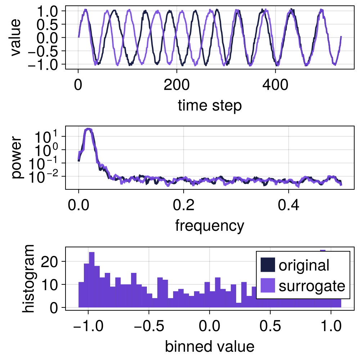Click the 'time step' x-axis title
coord(209,106)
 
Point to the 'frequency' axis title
coord(210,226)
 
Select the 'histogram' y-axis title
coord(28,278)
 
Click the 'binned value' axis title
coord(210,346)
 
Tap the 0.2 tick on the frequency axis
coord(184,206)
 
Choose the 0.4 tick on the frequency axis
coord(288,206)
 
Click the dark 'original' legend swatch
coord(267,265)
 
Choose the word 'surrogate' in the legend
coord(312,286)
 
